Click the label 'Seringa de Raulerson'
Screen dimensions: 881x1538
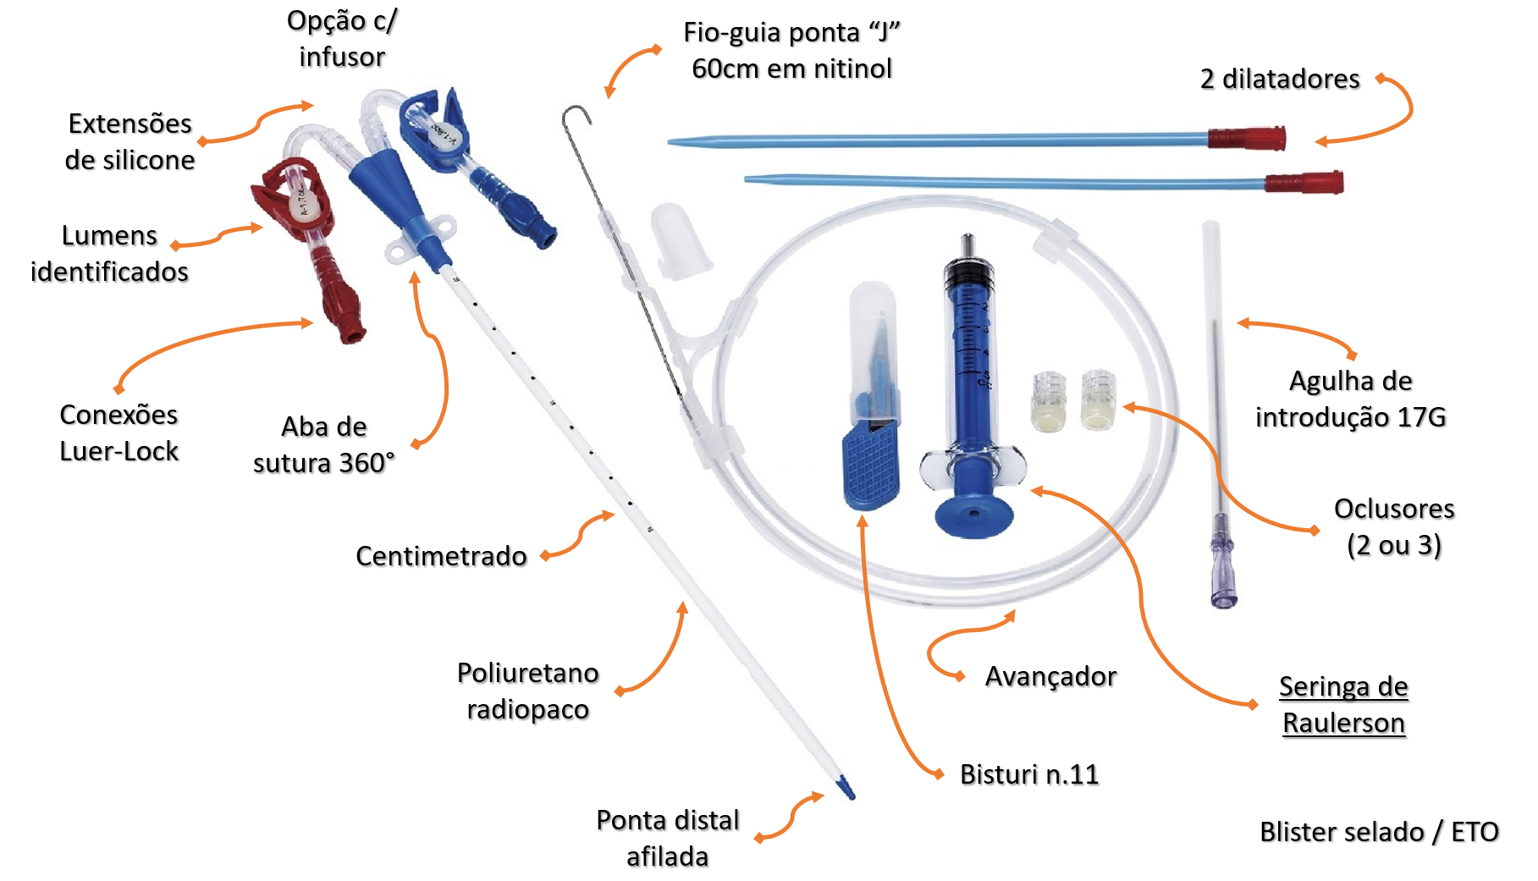(1342, 705)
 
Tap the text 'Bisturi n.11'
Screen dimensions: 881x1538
(1028, 774)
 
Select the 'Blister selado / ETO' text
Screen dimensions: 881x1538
(1379, 832)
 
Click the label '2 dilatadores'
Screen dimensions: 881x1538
(1279, 79)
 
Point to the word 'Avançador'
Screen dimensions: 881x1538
(1050, 676)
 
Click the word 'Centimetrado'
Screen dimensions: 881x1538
(441, 556)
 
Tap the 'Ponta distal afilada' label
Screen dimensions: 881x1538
(667, 838)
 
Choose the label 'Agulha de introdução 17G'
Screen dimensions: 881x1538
(1350, 399)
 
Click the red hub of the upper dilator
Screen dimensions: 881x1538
(1246, 138)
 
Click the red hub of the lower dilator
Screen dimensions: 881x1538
(1304, 182)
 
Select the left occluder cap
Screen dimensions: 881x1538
(1048, 402)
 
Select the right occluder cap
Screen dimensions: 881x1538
(1099, 399)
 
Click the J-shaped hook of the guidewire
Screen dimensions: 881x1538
(576, 114)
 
